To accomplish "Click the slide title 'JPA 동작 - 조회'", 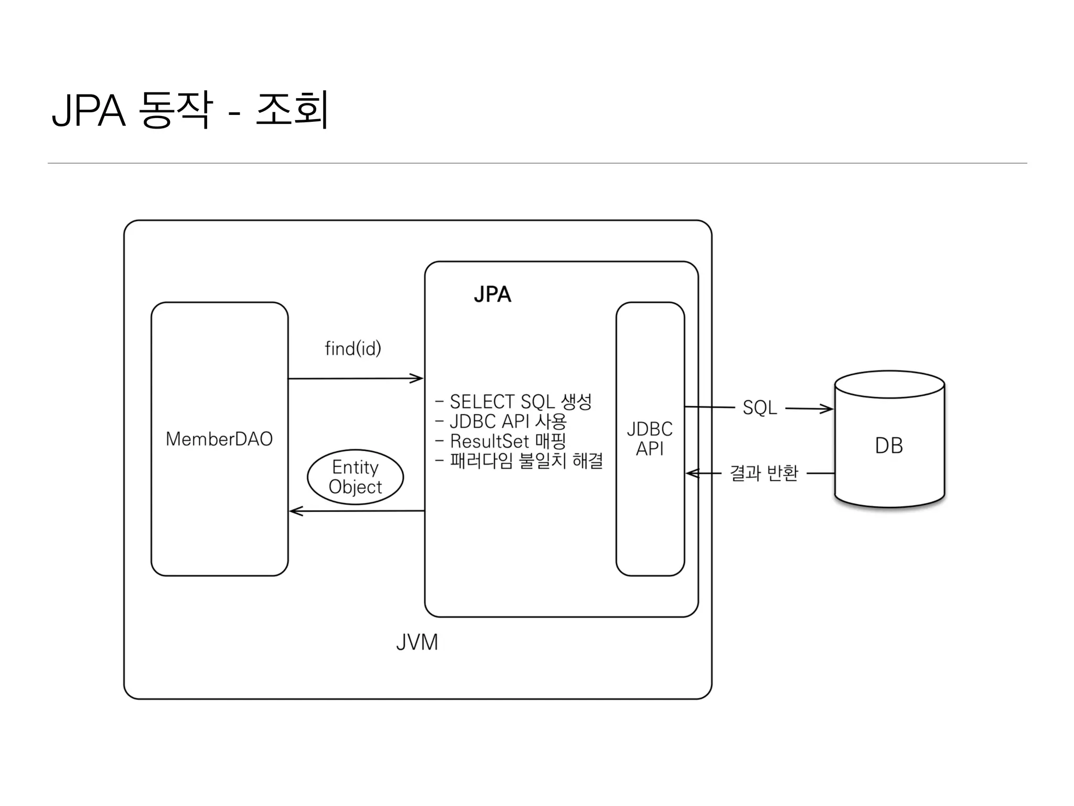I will (x=190, y=110).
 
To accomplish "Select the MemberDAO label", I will (x=219, y=439).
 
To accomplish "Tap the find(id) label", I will (x=352, y=348).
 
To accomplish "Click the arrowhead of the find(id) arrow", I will (x=418, y=378).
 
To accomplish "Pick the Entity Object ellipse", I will (x=355, y=477).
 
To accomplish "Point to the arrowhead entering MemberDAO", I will (x=295, y=511).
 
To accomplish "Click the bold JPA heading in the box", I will (x=492, y=294).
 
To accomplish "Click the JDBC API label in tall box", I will (x=650, y=439).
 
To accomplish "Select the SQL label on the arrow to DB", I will (x=759, y=408).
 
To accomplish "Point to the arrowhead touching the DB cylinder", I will (x=828, y=409).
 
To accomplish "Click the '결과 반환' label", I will (x=764, y=473).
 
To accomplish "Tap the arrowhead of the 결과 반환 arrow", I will (x=692, y=473).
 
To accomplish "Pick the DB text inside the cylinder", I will (x=889, y=446).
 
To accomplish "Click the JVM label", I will (x=417, y=642).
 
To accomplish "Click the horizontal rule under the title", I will (x=537, y=163).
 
